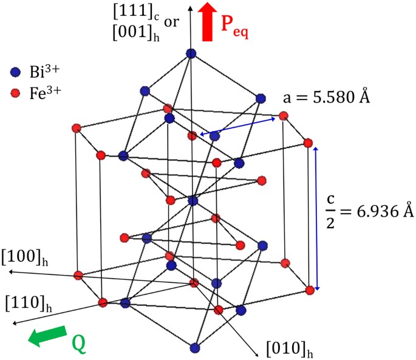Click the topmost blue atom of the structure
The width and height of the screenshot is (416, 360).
tap(191, 53)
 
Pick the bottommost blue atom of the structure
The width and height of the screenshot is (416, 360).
tap(194, 348)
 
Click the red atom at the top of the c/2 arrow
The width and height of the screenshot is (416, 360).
tap(308, 143)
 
